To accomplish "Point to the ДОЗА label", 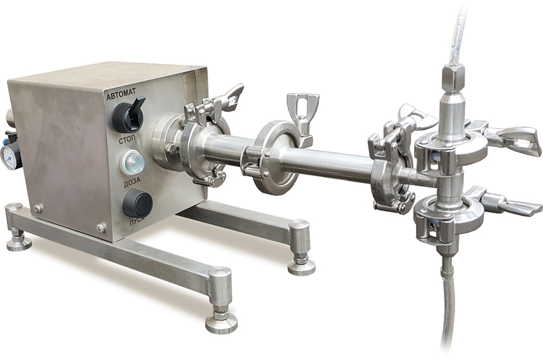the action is (x=133, y=182).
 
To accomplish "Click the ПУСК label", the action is (x=137, y=221).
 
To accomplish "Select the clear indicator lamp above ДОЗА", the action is (x=132, y=163).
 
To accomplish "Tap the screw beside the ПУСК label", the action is (x=101, y=228).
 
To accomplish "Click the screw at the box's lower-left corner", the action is (x=37, y=209).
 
